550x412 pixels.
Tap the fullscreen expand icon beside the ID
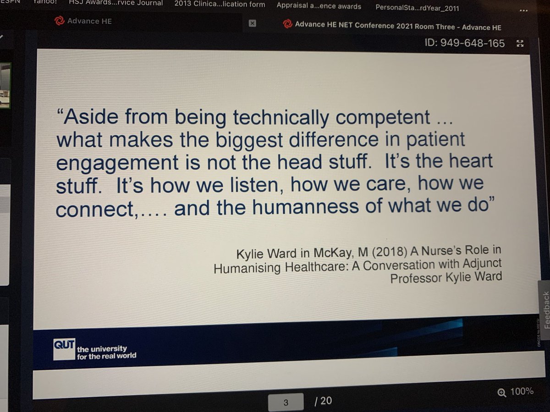(520, 43)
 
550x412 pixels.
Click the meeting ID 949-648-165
(465, 43)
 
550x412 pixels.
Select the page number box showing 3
(286, 402)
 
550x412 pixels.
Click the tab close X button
(253, 24)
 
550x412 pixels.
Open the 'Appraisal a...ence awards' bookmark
(319, 6)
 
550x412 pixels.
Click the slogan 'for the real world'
(107, 356)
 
